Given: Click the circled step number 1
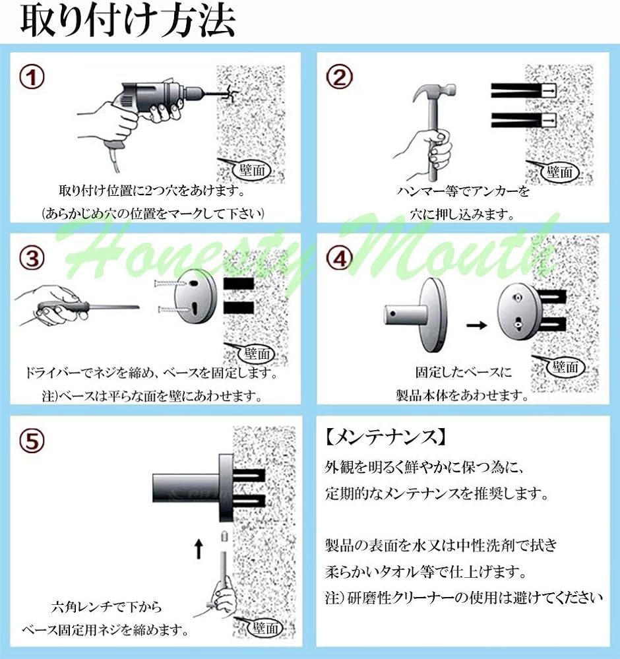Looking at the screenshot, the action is click(32, 78).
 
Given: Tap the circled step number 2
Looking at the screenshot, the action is click(339, 77).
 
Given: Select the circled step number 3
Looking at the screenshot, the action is click(32, 258).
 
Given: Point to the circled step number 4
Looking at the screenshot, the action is click(339, 258).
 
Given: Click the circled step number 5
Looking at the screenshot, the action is click(32, 441).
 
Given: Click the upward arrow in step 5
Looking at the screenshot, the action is click(199, 549).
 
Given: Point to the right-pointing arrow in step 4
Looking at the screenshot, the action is click(477, 325).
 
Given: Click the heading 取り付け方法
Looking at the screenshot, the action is click(127, 20).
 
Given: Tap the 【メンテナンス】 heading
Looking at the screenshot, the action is click(385, 438).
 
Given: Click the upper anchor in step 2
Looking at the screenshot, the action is click(524, 90).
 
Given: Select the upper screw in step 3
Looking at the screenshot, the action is click(170, 283).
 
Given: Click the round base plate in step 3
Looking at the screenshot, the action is click(196, 296).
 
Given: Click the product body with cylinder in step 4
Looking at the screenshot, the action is click(416, 315).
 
